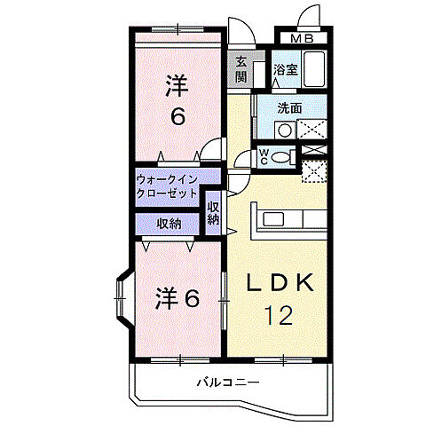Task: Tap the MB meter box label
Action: point(303,38)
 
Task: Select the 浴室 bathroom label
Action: point(284,69)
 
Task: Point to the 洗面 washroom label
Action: point(289,108)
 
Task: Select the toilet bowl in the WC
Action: point(283,157)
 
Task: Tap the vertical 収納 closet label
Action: point(213,213)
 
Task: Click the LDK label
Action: point(280,282)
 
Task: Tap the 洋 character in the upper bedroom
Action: point(177,86)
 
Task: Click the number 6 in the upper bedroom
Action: point(177,116)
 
